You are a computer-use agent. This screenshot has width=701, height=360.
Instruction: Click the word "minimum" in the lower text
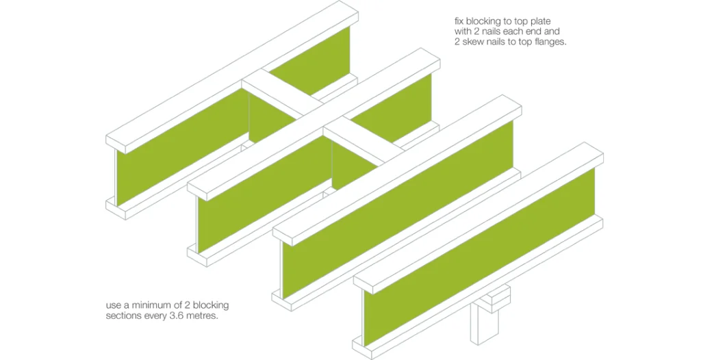(145, 305)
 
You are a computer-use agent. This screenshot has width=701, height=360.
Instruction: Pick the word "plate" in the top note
(541, 21)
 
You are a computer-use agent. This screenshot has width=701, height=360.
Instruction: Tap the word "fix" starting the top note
(458, 21)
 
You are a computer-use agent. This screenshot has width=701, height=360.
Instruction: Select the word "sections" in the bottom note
(122, 316)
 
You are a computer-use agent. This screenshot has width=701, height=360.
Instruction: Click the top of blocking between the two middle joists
(364, 141)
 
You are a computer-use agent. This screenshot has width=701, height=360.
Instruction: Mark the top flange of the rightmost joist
(479, 218)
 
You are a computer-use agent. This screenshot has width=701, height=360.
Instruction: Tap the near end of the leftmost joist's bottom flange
(115, 209)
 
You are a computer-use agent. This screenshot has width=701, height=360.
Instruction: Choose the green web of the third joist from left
(398, 210)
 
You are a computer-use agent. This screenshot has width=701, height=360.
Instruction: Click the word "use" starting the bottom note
(113, 307)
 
